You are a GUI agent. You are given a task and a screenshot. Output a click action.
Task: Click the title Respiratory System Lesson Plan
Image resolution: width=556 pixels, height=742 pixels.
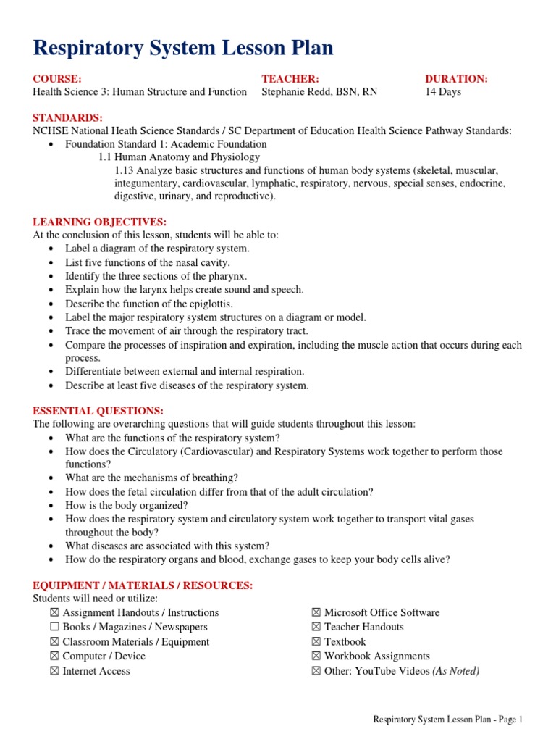pos(183,49)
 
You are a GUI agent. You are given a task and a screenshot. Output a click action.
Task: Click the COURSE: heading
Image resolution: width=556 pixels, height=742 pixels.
pos(57,78)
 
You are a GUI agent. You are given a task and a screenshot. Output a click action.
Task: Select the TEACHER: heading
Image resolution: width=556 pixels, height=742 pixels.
pos(290,78)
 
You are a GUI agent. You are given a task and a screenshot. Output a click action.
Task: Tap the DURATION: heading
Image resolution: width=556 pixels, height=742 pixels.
pos(456,78)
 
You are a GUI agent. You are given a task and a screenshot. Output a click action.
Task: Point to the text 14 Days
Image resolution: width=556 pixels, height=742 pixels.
pos(442,92)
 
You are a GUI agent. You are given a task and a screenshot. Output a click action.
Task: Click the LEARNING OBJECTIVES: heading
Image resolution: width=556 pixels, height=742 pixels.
pos(100,222)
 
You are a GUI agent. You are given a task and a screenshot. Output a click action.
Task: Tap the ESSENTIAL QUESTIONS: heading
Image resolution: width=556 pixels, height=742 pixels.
pos(98,411)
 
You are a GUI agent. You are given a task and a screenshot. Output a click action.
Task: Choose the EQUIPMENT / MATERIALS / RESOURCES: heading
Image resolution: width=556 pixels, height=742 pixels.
pos(143,585)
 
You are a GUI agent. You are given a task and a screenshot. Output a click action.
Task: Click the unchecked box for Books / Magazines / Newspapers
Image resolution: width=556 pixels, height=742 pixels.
pos(54,627)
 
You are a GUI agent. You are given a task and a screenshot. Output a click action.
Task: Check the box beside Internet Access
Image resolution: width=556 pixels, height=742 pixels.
pos(54,671)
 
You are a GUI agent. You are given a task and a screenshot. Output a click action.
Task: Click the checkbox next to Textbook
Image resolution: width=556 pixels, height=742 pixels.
pos(316,642)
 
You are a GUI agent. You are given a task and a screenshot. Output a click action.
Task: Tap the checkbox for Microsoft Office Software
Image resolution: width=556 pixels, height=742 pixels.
pos(316,612)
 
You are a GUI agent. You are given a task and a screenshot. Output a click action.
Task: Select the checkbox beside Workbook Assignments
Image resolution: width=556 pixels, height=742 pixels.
pos(316,656)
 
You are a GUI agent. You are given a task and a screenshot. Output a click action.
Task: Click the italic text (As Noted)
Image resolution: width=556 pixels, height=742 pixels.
pos(455,671)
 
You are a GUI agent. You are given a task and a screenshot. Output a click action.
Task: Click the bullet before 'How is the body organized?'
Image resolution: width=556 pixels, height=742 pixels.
pos(50,506)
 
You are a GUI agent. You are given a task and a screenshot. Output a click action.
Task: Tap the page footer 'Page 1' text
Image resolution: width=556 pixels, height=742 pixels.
pos(507,720)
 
